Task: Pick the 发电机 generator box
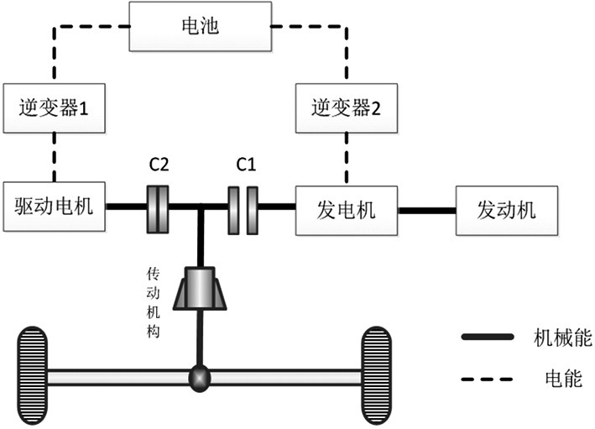[346, 207]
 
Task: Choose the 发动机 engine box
[505, 207]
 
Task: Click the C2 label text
[159, 165]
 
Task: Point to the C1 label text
[245, 165]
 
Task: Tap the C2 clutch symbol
[159, 207]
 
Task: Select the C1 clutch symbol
[243, 207]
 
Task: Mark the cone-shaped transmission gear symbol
[200, 290]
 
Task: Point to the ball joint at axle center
[199, 378]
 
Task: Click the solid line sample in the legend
[488, 337]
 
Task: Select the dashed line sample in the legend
[488, 379]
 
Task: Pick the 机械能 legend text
[563, 338]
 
